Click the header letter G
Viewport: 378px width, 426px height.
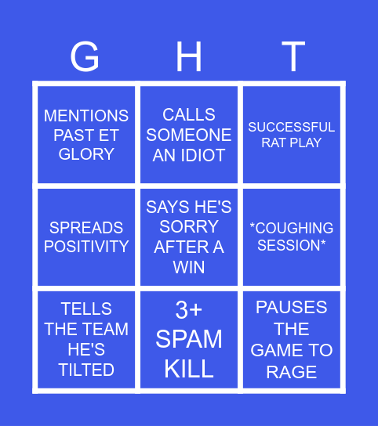[85, 57]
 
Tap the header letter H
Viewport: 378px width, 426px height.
[189, 57]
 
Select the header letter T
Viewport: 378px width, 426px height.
[293, 57]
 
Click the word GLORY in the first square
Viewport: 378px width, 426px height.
[86, 154]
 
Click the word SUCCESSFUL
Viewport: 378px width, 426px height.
[292, 127]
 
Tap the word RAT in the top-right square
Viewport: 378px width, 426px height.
[274, 143]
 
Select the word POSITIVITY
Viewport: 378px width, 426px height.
[86, 247]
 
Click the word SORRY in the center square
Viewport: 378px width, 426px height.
[189, 227]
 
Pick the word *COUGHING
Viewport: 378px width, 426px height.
[292, 228]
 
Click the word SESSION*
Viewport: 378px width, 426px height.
[292, 246]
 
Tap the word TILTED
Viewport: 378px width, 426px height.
[86, 370]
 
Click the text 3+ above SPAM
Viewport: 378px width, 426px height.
[189, 310]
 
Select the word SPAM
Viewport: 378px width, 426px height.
[189, 339]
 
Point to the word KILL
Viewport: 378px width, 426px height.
[189, 368]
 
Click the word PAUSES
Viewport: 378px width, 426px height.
[292, 308]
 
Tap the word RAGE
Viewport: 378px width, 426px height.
[292, 371]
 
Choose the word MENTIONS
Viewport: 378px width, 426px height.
[86, 116]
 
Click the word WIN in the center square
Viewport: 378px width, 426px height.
[189, 267]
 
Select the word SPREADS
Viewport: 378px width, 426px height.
[86, 228]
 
